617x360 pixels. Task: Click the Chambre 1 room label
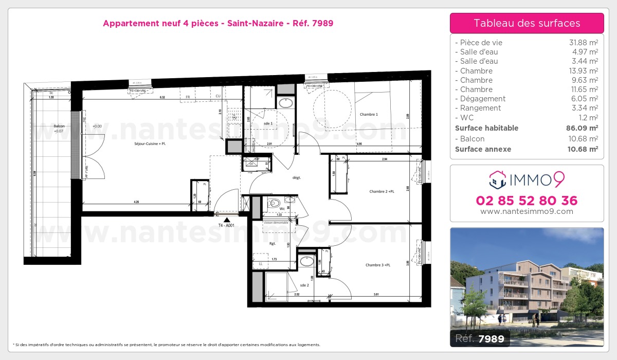click(x=369, y=114)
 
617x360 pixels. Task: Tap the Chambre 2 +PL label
click(x=382, y=192)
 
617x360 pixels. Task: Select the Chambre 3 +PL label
click(x=378, y=265)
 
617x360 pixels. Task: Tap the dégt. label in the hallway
click(x=296, y=177)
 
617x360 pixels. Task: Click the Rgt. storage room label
click(x=273, y=244)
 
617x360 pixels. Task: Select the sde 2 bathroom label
click(x=304, y=285)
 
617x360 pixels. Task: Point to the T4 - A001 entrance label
click(x=226, y=225)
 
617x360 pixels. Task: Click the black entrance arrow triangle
click(x=226, y=219)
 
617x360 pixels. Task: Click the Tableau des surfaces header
click(x=527, y=23)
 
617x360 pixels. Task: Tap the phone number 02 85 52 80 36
click(x=527, y=201)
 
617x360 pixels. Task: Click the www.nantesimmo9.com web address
click(x=527, y=211)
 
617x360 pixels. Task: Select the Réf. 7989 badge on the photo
click(x=481, y=338)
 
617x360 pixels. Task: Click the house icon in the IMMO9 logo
click(x=497, y=179)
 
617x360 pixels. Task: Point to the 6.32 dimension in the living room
click(x=162, y=97)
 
